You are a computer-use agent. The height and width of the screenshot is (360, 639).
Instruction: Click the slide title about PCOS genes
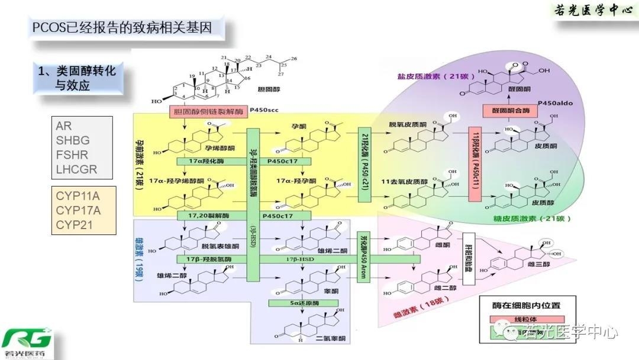click(122, 27)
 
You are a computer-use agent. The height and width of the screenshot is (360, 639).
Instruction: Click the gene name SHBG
click(73, 140)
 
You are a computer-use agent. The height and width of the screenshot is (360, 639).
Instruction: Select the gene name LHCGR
click(76, 170)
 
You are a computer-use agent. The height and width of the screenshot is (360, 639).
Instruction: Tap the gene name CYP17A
click(78, 210)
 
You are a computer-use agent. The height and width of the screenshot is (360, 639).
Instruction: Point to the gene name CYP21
click(74, 224)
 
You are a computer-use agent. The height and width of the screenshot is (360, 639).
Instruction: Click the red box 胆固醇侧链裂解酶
click(208, 112)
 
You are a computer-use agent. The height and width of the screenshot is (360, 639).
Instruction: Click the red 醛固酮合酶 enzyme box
click(507, 110)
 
